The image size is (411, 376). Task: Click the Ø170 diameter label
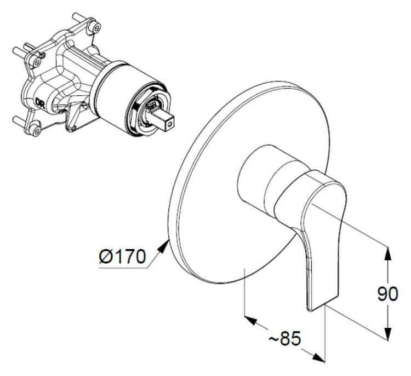(122, 256)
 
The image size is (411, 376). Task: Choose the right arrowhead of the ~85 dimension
(318, 357)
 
